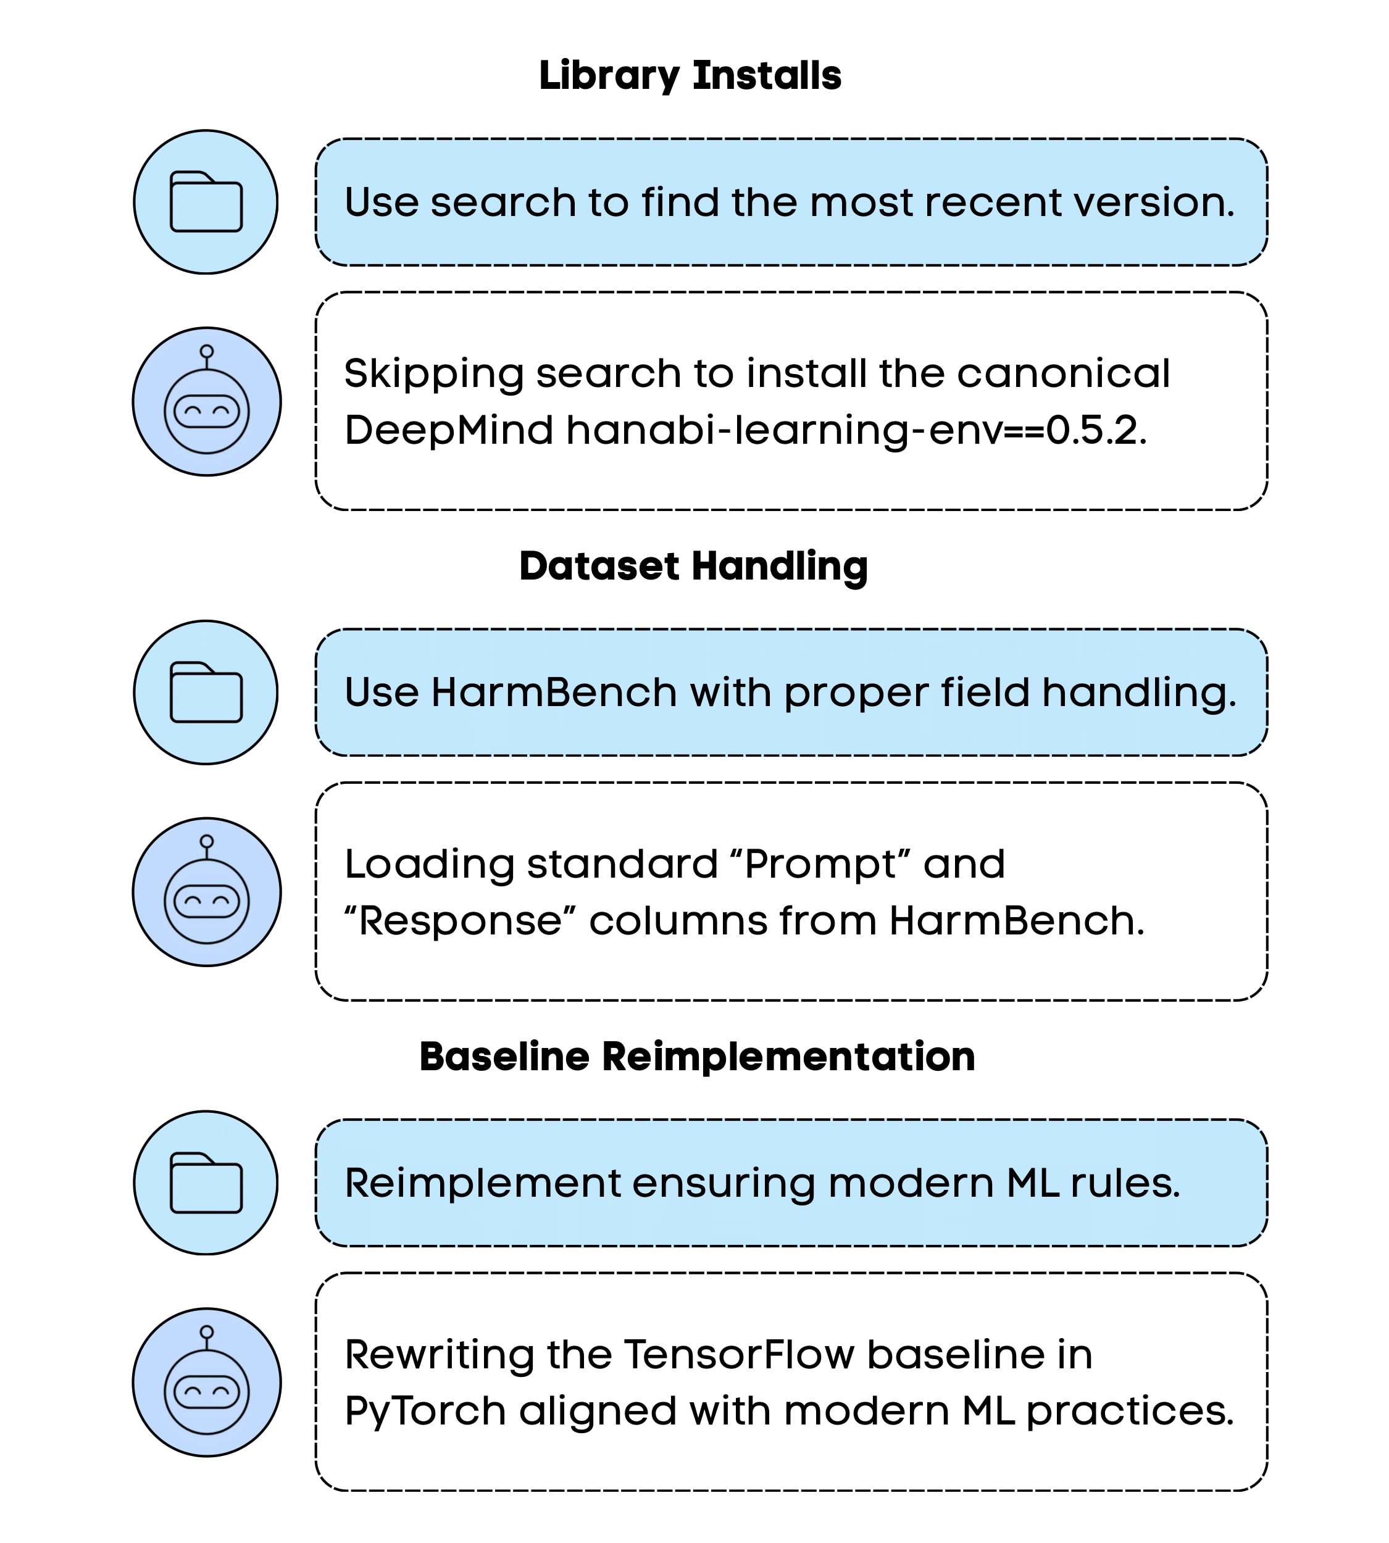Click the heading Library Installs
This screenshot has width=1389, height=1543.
point(690,75)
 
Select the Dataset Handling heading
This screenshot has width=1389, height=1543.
point(693,566)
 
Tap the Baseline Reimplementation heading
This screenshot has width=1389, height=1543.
point(697,1057)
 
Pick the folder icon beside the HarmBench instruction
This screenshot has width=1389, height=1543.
point(206,692)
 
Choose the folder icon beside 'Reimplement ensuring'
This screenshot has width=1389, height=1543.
point(206,1183)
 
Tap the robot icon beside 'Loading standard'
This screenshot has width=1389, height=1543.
point(207,892)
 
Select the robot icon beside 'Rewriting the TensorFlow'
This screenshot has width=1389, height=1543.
point(207,1383)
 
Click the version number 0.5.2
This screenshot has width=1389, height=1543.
point(1096,430)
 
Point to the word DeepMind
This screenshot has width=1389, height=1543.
point(448,430)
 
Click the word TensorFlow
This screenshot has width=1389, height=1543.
point(739,1355)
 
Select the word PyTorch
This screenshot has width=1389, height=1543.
point(425,1411)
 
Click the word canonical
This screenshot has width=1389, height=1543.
point(1063,373)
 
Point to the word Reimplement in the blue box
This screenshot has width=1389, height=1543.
point(482,1183)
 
